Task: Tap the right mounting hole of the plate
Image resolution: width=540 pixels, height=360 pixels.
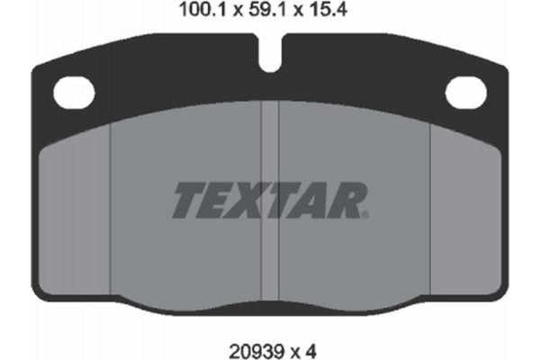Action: [465, 91]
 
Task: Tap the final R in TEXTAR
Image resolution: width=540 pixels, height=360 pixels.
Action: [348, 201]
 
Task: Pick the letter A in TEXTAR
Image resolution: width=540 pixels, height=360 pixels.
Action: [313, 201]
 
